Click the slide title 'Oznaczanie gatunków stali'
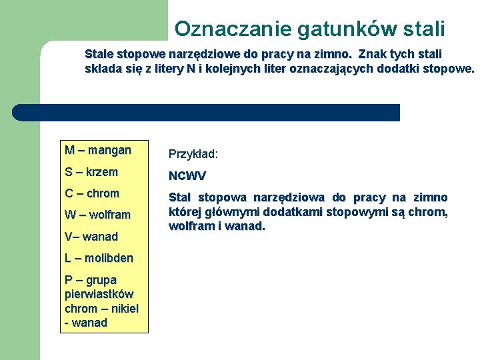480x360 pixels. click(x=309, y=29)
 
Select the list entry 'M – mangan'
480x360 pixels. click(x=98, y=150)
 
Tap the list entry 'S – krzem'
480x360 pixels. click(x=91, y=172)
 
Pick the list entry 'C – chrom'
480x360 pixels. click(x=92, y=193)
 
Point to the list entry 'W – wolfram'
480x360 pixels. click(x=97, y=215)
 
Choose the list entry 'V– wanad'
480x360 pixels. click(x=91, y=237)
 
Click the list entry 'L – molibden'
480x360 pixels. click(x=99, y=258)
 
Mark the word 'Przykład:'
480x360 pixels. click(x=193, y=154)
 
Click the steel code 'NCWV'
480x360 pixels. click(x=187, y=176)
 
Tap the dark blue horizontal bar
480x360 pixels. click(x=207, y=112)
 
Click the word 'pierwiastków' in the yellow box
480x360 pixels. click(x=99, y=294)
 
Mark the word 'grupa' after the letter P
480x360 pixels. click(x=101, y=280)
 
